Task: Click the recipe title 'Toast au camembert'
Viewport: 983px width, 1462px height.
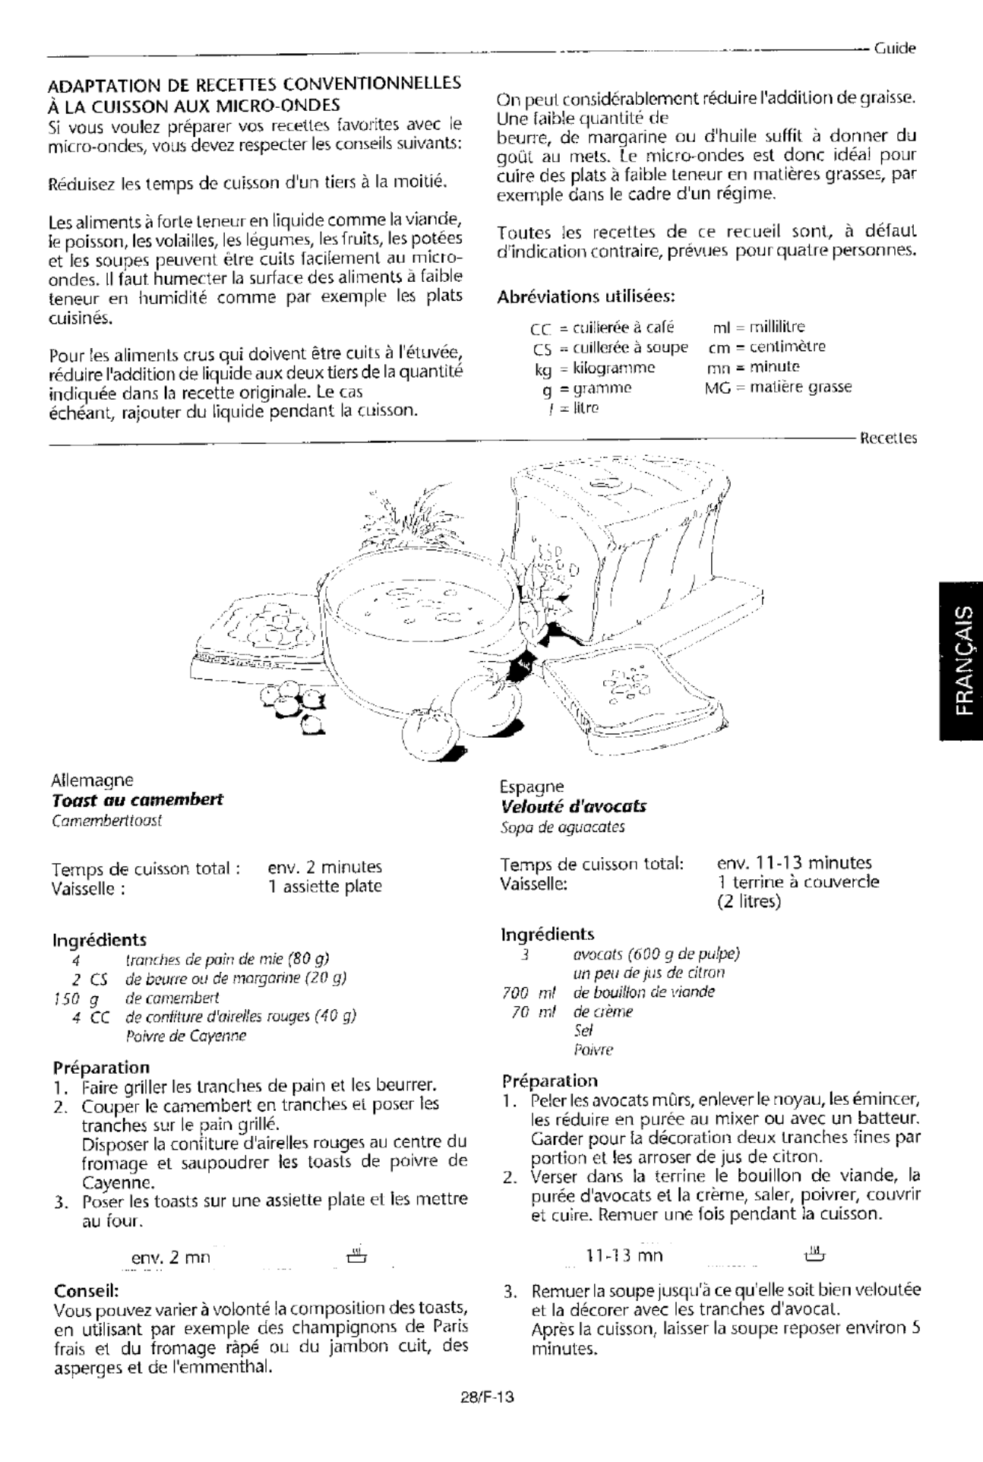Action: coord(137,800)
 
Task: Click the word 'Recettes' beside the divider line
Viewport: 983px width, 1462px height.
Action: coord(887,438)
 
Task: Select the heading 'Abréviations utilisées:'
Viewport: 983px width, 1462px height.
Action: coord(586,296)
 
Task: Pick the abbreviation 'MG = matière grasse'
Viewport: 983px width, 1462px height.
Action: coord(779,387)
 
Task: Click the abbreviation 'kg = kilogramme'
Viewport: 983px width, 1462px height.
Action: coord(594,368)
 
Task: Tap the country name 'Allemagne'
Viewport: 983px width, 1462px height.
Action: coord(92,780)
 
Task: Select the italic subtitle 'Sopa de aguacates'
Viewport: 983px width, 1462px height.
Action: coord(562,827)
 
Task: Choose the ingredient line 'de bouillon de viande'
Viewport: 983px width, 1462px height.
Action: coord(643,992)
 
